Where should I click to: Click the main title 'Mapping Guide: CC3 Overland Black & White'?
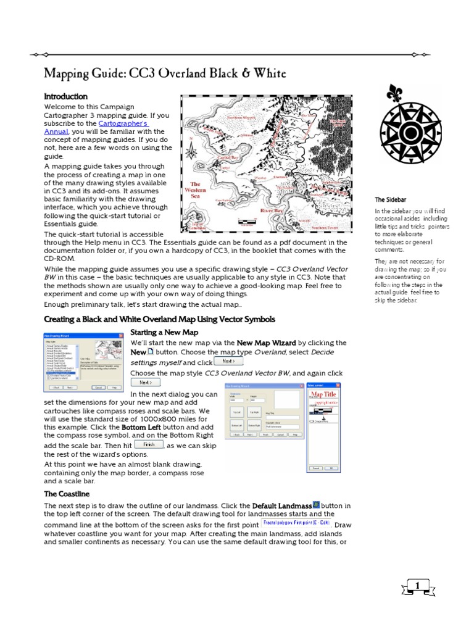165,74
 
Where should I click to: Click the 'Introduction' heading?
65,97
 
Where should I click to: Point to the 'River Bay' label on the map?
272,211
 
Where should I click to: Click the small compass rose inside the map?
191,148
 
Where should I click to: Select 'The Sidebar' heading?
389,200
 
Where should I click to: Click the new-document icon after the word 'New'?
151,351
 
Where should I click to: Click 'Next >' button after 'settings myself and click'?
228,362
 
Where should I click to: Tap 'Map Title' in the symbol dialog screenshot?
323,394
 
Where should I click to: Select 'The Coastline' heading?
67,494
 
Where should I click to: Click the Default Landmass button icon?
317,505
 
